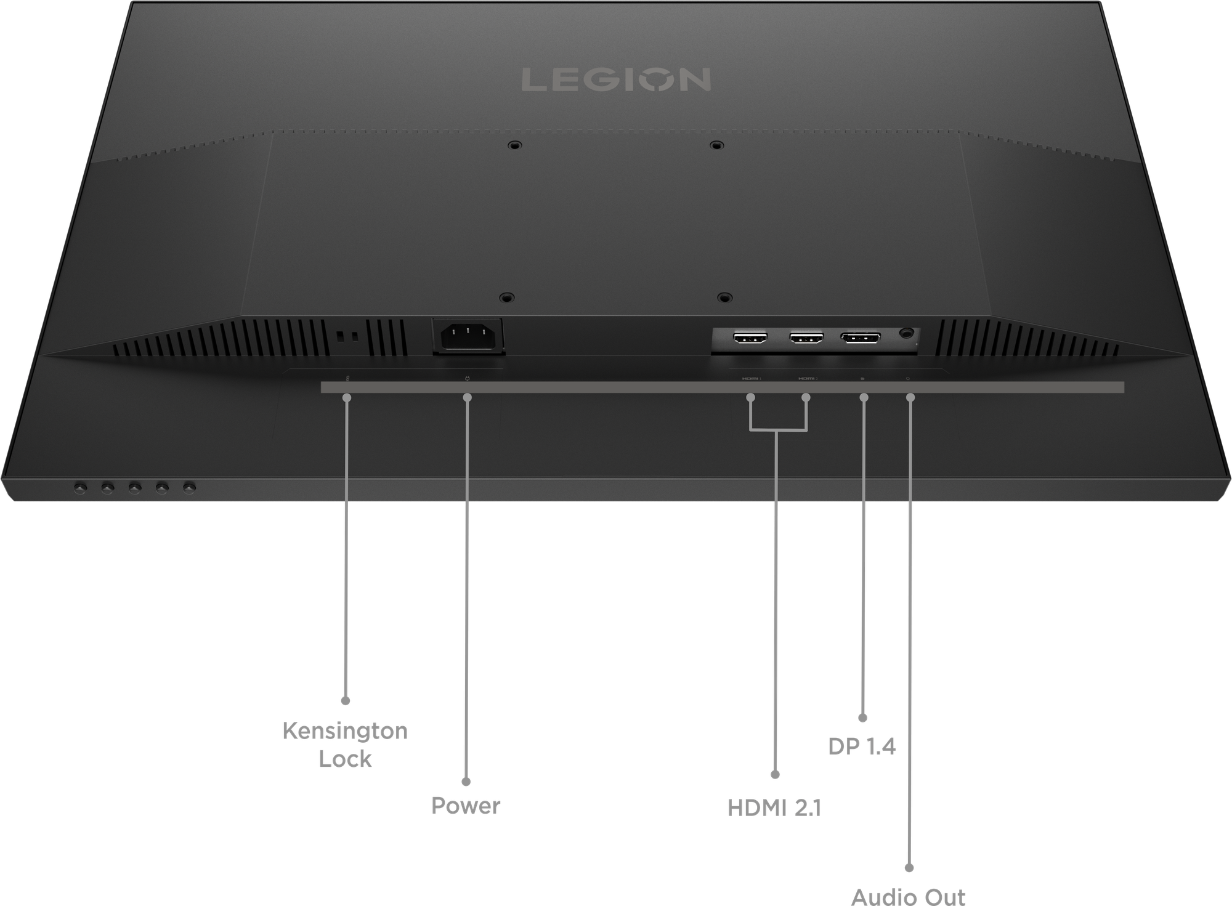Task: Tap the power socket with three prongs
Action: [x=468, y=336]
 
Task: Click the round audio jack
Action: [x=906, y=333]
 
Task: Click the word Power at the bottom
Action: [x=466, y=806]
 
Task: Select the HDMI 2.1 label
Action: [x=774, y=807]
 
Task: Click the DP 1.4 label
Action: [x=862, y=746]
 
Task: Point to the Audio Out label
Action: [x=909, y=896]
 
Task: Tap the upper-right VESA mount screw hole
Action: [x=715, y=145]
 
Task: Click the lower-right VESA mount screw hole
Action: [x=724, y=297]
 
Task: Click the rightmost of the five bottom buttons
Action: [x=188, y=487]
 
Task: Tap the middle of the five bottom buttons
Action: [x=134, y=488]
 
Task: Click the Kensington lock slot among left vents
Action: [x=347, y=337]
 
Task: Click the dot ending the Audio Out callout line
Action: [x=909, y=868]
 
